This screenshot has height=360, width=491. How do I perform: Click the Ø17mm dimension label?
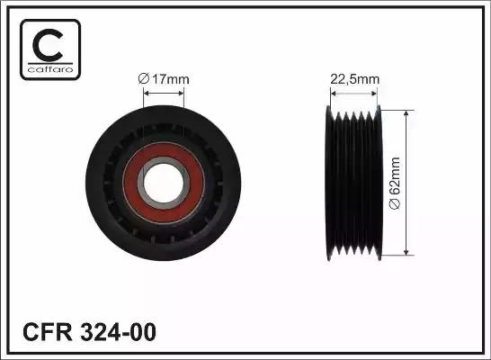point(164,80)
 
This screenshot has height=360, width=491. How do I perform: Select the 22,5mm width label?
point(353,79)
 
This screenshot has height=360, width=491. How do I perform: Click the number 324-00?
point(119,332)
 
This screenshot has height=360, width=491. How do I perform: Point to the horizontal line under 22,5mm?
point(353,89)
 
